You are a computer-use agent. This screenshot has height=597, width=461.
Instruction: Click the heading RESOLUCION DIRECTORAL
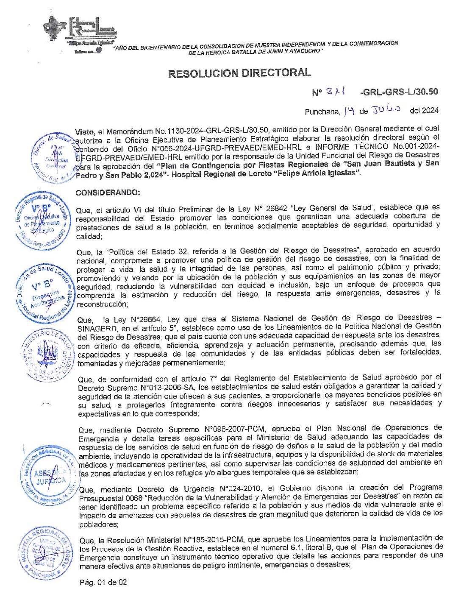(239, 73)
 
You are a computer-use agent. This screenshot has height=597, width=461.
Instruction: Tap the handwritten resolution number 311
(336, 92)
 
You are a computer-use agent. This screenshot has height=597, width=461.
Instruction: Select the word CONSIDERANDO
(108, 192)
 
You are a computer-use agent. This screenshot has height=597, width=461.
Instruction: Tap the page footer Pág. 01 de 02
(103, 582)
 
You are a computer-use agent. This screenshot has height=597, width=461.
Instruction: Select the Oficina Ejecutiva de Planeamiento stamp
(41, 221)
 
